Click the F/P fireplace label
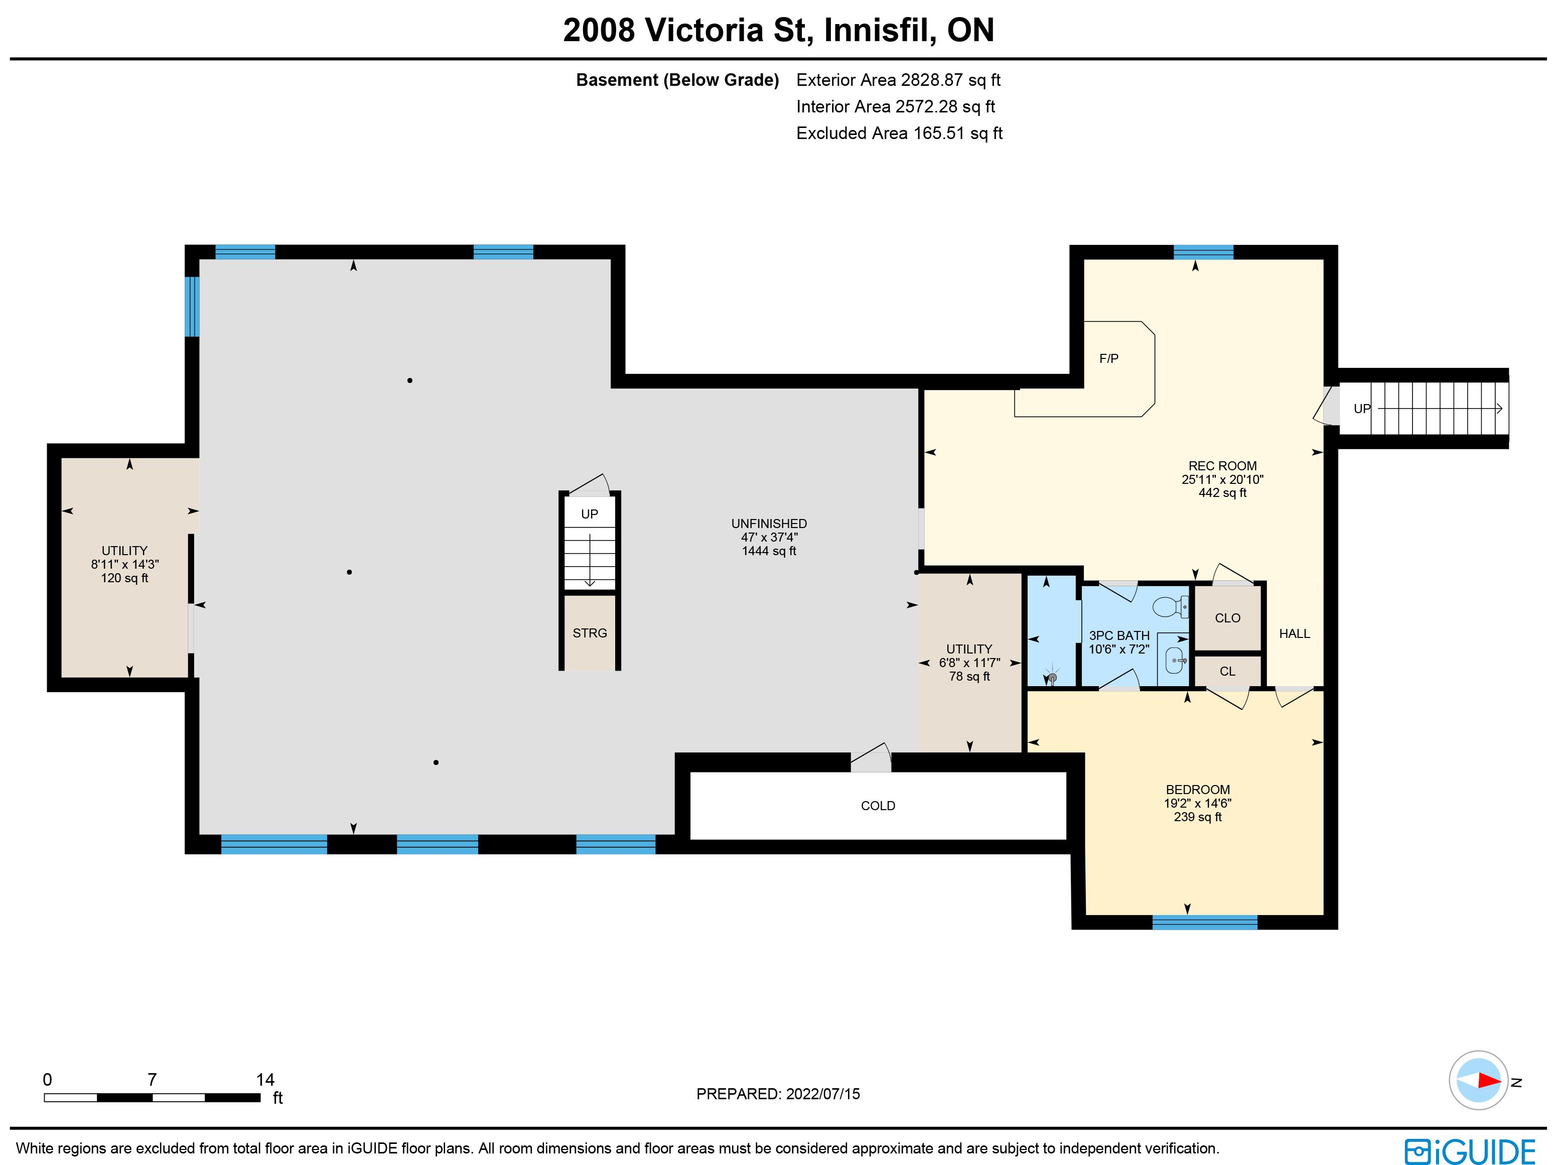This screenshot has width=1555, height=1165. [x=1108, y=358]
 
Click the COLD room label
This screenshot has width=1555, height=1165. [x=878, y=806]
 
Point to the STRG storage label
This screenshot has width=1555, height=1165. [x=590, y=633]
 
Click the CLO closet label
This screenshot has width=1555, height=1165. [x=1227, y=618]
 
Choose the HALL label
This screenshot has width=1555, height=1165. [x=1294, y=633]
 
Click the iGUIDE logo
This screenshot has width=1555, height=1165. [x=1470, y=1151]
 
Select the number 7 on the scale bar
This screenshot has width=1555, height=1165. [x=152, y=1079]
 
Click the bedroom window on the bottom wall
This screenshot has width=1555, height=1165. [x=1204, y=923]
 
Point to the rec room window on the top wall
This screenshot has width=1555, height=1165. [x=1204, y=251]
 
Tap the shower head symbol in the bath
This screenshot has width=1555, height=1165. [x=1052, y=676]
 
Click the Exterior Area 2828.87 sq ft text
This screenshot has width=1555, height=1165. [x=898, y=80]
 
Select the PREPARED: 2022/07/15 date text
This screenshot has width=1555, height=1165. [x=778, y=1094]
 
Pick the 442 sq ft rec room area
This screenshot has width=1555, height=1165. [x=1222, y=493]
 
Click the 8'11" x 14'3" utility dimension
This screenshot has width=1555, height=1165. [x=124, y=565]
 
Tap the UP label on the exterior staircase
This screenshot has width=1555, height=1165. [x=1362, y=409]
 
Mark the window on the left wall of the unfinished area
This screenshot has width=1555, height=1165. [x=192, y=307]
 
